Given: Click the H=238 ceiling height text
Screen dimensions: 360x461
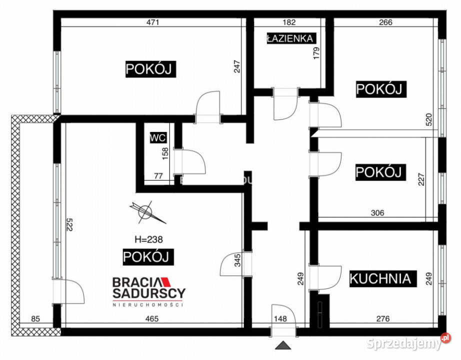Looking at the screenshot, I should click(x=148, y=239).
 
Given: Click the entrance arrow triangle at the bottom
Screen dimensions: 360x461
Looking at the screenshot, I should click(x=282, y=345).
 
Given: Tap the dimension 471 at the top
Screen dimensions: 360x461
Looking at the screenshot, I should click(x=152, y=22).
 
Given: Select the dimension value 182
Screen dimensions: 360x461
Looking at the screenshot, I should click(x=289, y=22).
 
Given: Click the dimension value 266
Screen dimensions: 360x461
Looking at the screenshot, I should click(x=386, y=22).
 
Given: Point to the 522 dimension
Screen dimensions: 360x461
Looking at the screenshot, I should click(x=69, y=225).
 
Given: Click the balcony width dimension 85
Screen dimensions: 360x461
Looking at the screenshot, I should click(x=35, y=318).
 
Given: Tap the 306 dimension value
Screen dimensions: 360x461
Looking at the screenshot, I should click(x=377, y=212).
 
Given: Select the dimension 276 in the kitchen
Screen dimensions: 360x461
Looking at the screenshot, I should click(x=382, y=318).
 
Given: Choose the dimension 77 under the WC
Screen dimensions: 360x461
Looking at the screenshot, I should click(x=159, y=175).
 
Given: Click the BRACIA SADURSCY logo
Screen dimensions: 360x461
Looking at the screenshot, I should click(x=149, y=290).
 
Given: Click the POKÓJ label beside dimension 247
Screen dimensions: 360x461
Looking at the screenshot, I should click(x=150, y=69).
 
